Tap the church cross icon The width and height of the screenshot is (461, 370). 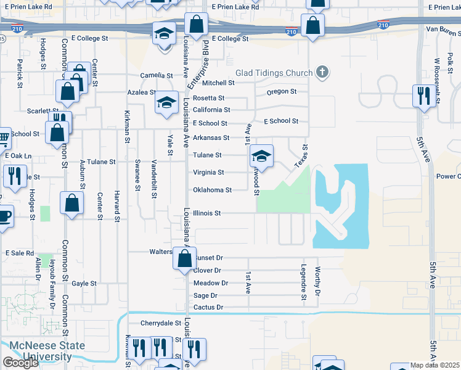[x=320, y=73]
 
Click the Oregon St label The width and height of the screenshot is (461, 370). [x=282, y=92]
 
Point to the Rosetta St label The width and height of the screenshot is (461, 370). [x=208, y=98]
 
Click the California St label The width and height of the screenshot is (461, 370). [x=211, y=110]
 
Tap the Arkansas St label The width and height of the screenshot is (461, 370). [x=211, y=138]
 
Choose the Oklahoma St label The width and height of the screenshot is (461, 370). [x=212, y=190]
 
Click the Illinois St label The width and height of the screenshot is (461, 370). [x=206, y=213]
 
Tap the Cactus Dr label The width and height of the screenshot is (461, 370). [x=208, y=307]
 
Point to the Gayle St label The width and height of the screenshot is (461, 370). [x=84, y=284]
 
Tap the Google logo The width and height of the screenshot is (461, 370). [x=20, y=363]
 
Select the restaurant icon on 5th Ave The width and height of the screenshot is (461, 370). [x=423, y=96]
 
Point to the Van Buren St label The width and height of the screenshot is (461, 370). [x=443, y=29]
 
